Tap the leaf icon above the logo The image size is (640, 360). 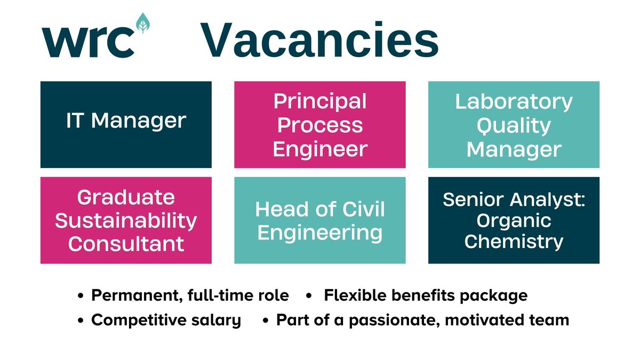(142, 23)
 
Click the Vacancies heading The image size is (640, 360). (319, 40)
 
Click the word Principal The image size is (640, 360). (320, 101)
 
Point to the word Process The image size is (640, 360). (320, 125)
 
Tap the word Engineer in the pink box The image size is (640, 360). (320, 149)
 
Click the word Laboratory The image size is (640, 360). (514, 101)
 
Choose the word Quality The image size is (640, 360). (514, 125)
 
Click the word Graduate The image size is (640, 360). (126, 197)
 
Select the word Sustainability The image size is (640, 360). (126, 220)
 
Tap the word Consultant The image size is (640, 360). (126, 244)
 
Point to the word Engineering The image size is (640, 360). (320, 233)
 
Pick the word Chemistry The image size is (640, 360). (514, 242)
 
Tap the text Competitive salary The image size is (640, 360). (166, 320)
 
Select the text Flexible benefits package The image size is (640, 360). (426, 295)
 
